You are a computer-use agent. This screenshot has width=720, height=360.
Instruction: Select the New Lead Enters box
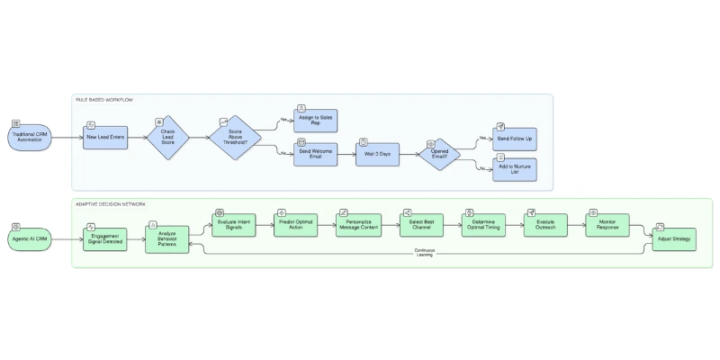coord(103,138)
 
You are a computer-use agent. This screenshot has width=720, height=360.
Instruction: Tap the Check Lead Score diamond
coord(167,138)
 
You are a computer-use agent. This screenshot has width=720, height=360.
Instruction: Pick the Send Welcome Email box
coord(309,154)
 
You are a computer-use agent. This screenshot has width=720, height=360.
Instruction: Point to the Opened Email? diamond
coord(438,154)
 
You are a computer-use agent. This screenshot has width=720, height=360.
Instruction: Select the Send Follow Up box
coord(514,139)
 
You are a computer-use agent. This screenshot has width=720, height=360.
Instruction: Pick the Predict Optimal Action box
coord(296,225)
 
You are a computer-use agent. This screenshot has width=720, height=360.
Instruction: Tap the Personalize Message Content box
coord(359,225)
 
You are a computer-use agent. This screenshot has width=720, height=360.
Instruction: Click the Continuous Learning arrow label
coord(424,253)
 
